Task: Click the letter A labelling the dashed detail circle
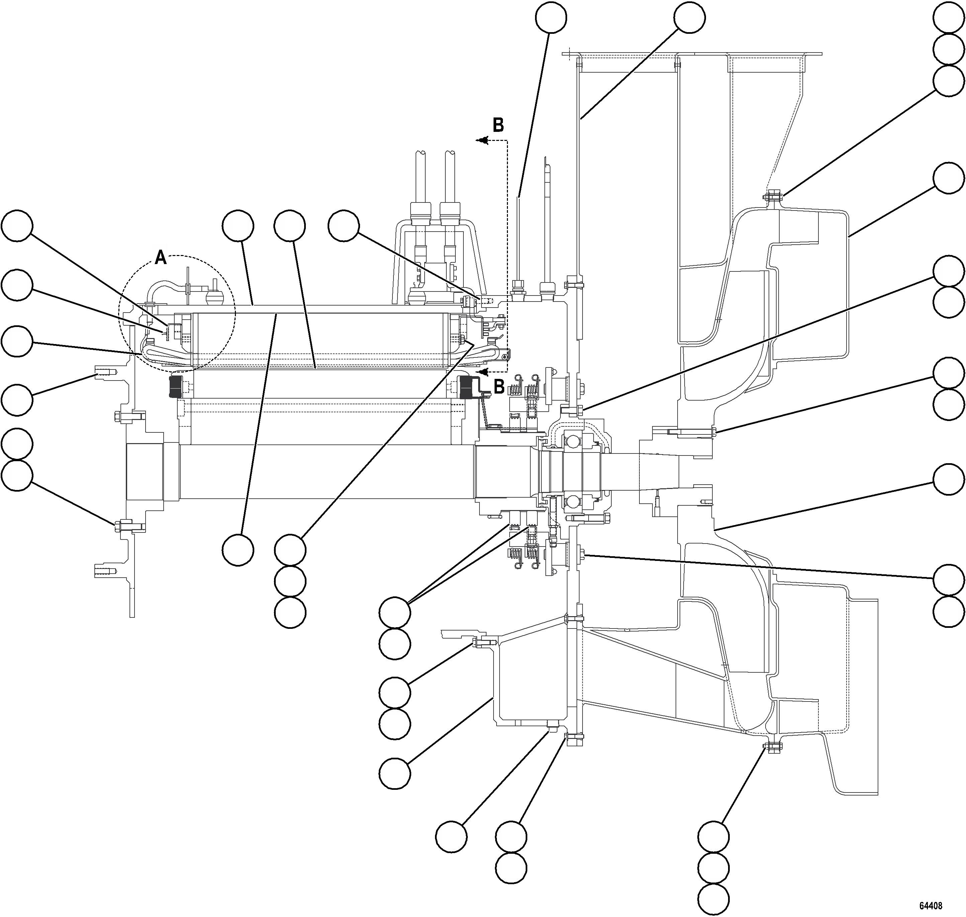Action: pyautogui.click(x=161, y=258)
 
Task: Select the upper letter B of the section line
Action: pyautogui.click(x=498, y=126)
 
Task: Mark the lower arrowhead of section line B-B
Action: pyautogui.click(x=483, y=372)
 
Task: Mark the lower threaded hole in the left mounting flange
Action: pyautogui.click(x=105, y=570)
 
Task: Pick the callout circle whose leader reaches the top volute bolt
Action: pyautogui.click(x=949, y=81)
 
